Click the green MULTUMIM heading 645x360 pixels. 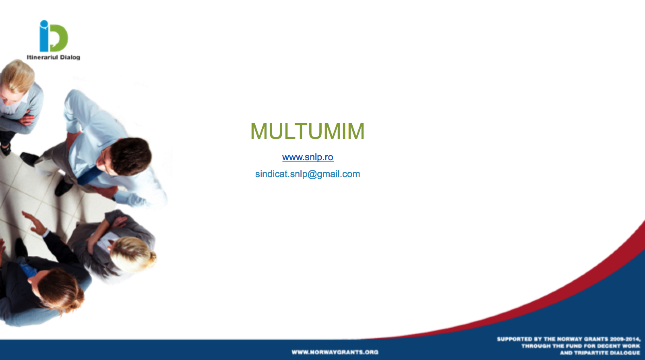coord(307,131)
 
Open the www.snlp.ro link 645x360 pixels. coord(308,157)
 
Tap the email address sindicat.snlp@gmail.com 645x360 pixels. coord(308,174)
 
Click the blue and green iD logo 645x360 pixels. coord(54,36)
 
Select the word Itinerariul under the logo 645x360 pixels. coord(43,57)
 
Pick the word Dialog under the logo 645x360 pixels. coord(70,57)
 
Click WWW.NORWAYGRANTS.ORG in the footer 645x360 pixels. coord(335,352)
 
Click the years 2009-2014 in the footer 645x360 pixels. coord(625,339)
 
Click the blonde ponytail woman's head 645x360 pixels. coord(133,253)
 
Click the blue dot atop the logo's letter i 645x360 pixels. coord(44,24)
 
